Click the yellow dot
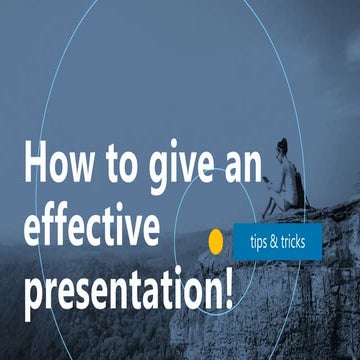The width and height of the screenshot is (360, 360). [x=214, y=241]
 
